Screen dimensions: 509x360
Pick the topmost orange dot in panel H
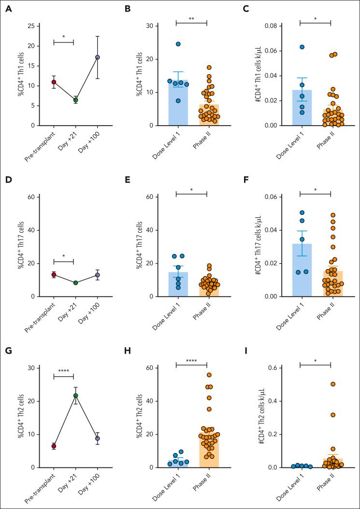click(209, 375)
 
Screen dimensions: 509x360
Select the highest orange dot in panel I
click(333, 384)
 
